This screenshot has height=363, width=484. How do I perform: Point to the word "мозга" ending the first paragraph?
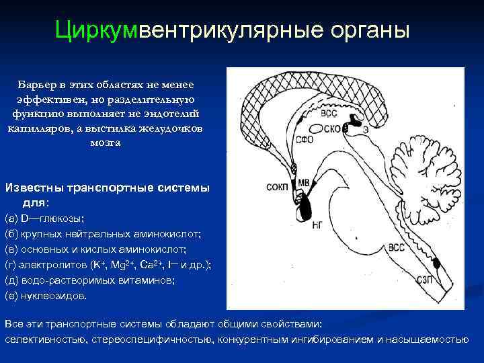[x=104, y=143]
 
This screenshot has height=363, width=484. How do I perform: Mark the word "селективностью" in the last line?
[x=44, y=339]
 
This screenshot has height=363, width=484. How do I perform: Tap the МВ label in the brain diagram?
[x=303, y=182]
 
